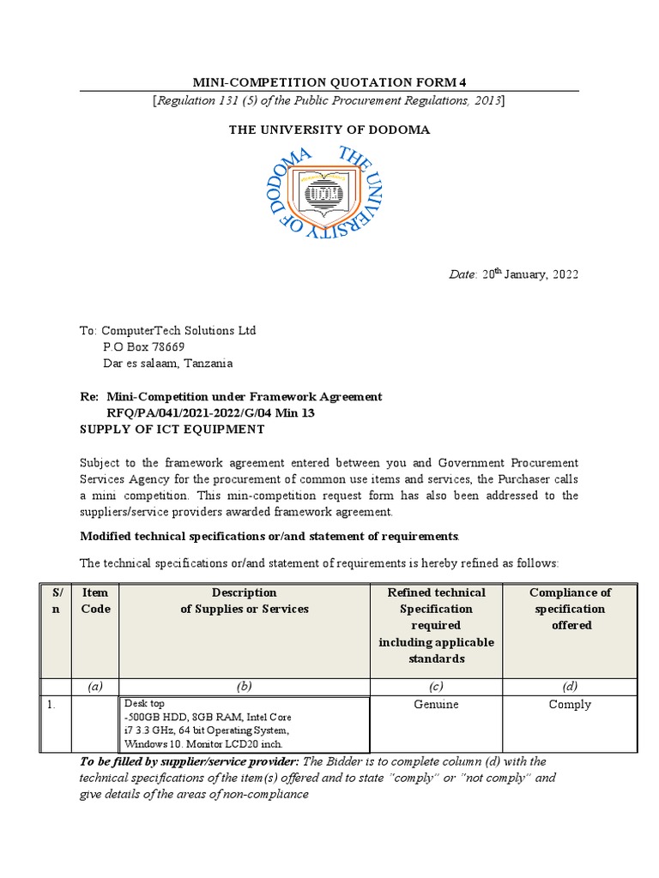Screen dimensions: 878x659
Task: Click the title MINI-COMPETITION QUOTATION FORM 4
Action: coord(329,82)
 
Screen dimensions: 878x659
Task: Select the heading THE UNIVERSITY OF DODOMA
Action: coord(329,129)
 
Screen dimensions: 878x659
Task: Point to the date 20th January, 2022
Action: coord(529,274)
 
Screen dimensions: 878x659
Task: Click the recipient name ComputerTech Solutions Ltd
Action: coord(178,330)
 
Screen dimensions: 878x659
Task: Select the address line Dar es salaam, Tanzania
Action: coord(168,363)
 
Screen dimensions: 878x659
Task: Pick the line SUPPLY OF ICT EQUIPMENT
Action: coord(172,429)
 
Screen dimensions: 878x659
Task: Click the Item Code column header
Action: coord(95,601)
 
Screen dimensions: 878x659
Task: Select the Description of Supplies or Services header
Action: coord(245,601)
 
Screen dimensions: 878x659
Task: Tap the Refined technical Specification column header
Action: coord(436,625)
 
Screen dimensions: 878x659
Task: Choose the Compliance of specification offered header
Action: coord(570,609)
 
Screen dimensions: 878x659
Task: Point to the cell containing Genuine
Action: coord(436,704)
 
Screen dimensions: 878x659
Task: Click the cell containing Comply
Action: coord(570,704)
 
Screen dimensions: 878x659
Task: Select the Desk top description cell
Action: coord(245,724)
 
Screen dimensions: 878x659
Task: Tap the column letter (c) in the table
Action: coord(436,685)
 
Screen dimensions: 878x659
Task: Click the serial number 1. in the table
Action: coord(53,704)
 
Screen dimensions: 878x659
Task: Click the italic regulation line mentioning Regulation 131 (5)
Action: coord(329,101)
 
